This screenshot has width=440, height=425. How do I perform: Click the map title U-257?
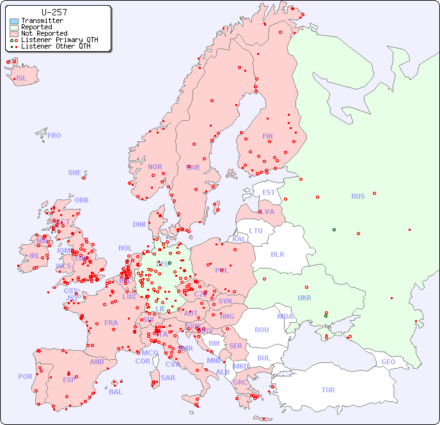(x=54, y=12)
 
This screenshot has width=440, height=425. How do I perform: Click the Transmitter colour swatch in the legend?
(x=14, y=21)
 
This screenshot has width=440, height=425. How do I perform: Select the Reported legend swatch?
(x=14, y=27)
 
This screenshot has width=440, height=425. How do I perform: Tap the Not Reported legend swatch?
(x=14, y=34)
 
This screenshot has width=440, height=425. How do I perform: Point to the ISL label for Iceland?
(x=22, y=79)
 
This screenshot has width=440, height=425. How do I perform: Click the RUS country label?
(x=357, y=196)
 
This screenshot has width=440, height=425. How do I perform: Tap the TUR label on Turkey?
(x=328, y=390)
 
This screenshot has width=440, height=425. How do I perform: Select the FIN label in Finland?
(x=267, y=136)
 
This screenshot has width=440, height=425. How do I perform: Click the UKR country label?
(x=304, y=298)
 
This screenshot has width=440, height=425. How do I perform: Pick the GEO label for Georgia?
(x=388, y=362)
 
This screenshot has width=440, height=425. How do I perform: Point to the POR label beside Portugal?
(x=25, y=376)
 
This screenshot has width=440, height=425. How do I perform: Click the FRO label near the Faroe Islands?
(x=54, y=135)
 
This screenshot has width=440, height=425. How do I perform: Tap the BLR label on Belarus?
(x=278, y=254)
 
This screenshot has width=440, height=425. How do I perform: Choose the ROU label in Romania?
(x=262, y=330)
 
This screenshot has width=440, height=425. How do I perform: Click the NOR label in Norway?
(x=155, y=167)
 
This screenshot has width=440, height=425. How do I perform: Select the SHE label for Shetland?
(x=75, y=173)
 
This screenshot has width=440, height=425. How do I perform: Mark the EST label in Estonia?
(x=269, y=192)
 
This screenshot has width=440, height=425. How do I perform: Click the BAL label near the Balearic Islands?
(x=116, y=392)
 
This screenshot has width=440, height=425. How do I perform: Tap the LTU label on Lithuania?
(x=256, y=231)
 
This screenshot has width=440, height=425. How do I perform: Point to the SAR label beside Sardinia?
(x=168, y=378)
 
